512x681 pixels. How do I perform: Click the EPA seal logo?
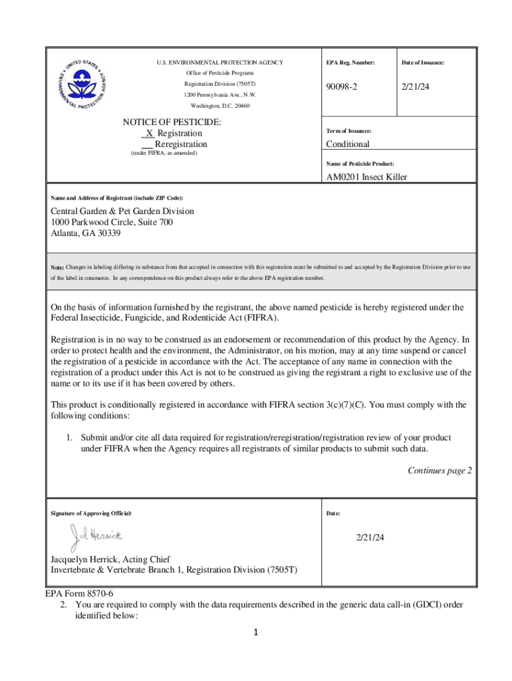(x=82, y=84)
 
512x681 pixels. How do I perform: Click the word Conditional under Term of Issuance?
(x=347, y=144)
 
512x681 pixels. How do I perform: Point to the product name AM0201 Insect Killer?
(x=366, y=177)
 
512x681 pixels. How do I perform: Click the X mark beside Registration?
(x=150, y=134)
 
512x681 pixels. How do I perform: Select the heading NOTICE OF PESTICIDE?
(x=172, y=122)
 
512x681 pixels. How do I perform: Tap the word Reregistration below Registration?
(x=180, y=144)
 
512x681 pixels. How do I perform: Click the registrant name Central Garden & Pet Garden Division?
(x=122, y=211)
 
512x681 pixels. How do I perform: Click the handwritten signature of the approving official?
(x=96, y=536)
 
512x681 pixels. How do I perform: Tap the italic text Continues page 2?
(x=440, y=471)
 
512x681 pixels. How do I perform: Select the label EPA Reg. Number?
(x=350, y=63)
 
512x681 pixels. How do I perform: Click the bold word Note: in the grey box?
(x=57, y=267)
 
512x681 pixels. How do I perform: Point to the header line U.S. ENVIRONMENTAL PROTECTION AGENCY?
(x=219, y=63)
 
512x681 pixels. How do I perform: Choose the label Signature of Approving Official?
(x=91, y=514)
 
